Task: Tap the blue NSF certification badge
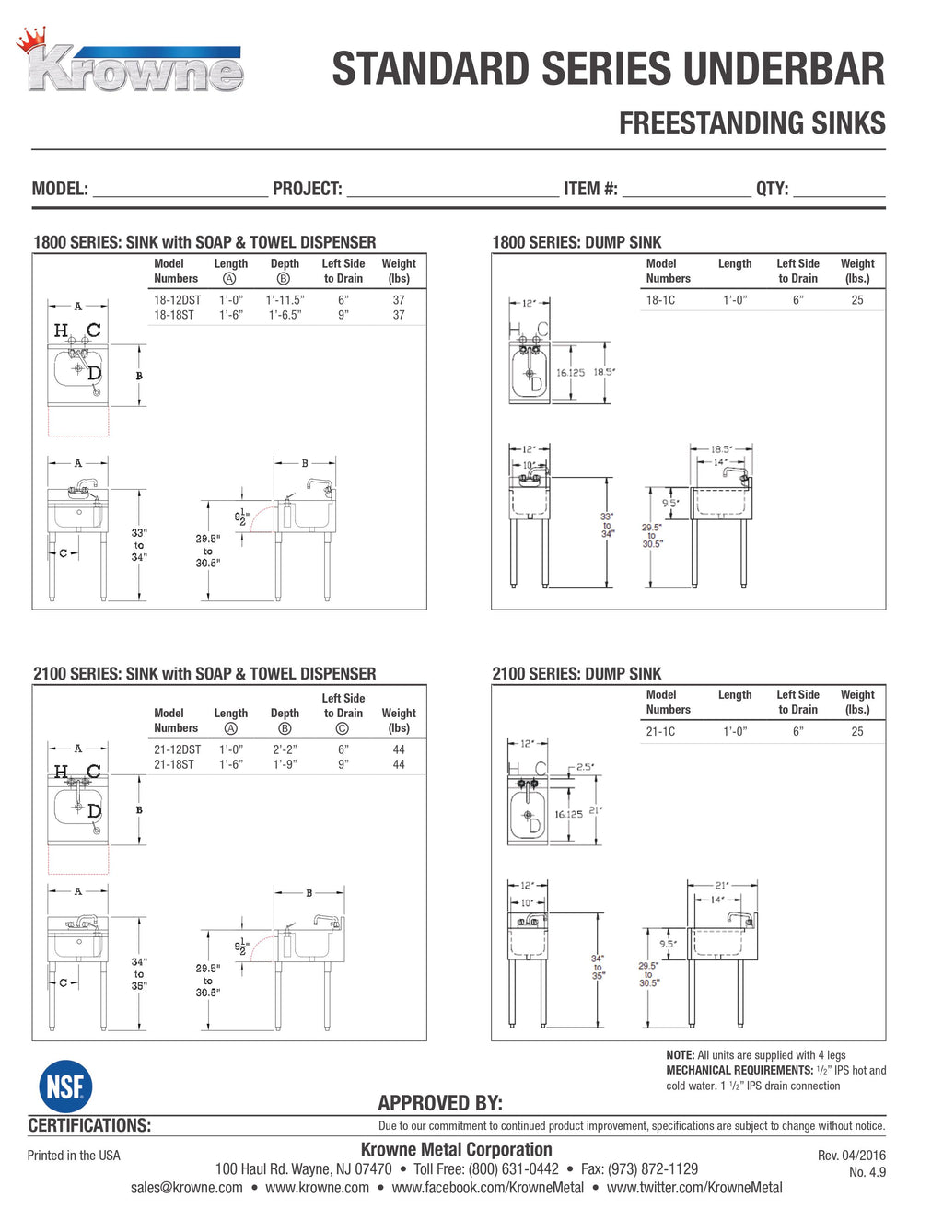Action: tap(65, 1086)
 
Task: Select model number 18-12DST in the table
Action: tap(178, 300)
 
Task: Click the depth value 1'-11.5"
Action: tap(285, 300)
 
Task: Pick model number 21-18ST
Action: tap(174, 764)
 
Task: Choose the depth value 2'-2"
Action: tap(285, 749)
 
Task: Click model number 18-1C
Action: tap(660, 300)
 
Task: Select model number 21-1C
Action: tap(660, 731)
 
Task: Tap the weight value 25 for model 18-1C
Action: tap(857, 300)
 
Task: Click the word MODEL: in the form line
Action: tap(60, 189)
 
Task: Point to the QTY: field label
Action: tap(773, 189)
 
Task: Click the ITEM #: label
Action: tap(590, 189)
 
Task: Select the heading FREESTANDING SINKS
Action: tap(752, 123)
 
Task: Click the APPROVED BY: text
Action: tap(440, 1103)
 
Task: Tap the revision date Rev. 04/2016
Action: tap(852, 1155)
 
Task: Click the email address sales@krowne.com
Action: tap(187, 1188)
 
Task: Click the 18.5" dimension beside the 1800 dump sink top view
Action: tap(604, 372)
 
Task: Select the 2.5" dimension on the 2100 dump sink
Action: tap(586, 767)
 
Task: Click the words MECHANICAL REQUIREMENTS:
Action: tap(739, 1070)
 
